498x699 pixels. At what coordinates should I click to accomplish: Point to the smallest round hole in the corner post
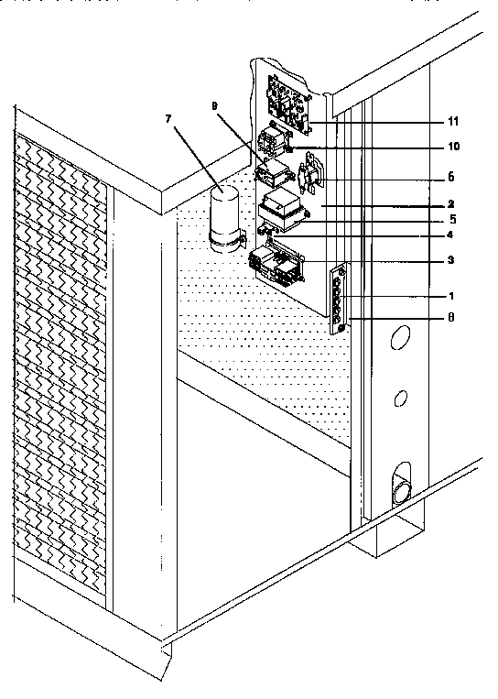coord(400,399)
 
